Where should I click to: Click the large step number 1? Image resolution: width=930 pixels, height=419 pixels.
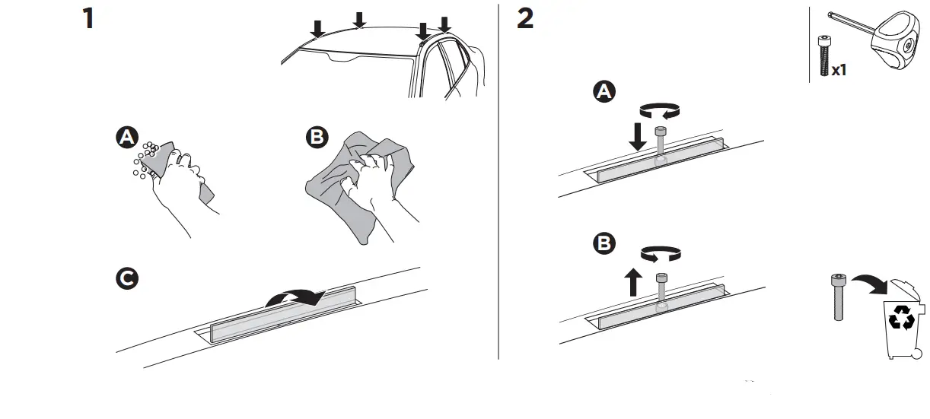click(89, 17)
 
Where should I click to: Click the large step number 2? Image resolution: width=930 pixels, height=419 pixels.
click(525, 17)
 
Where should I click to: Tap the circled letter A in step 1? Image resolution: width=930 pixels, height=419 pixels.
click(126, 138)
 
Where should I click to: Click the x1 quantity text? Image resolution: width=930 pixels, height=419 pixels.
click(839, 70)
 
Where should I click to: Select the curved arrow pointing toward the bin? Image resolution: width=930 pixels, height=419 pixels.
click(869, 286)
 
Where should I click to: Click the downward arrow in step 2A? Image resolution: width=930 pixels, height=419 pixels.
click(638, 136)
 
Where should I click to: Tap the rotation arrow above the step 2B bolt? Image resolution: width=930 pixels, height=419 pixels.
click(661, 253)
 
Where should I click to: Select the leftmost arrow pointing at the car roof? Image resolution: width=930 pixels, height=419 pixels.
click(318, 28)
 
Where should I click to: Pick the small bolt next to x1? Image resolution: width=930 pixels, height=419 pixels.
click(823, 55)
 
